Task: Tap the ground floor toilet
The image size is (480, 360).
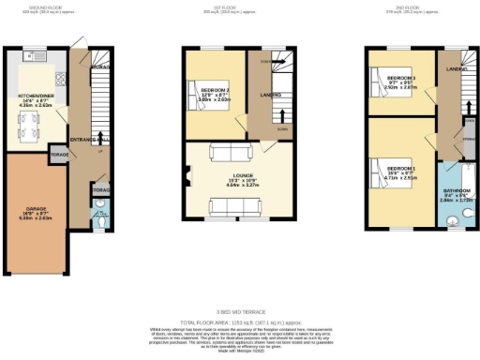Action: pyautogui.click(x=100, y=222)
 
